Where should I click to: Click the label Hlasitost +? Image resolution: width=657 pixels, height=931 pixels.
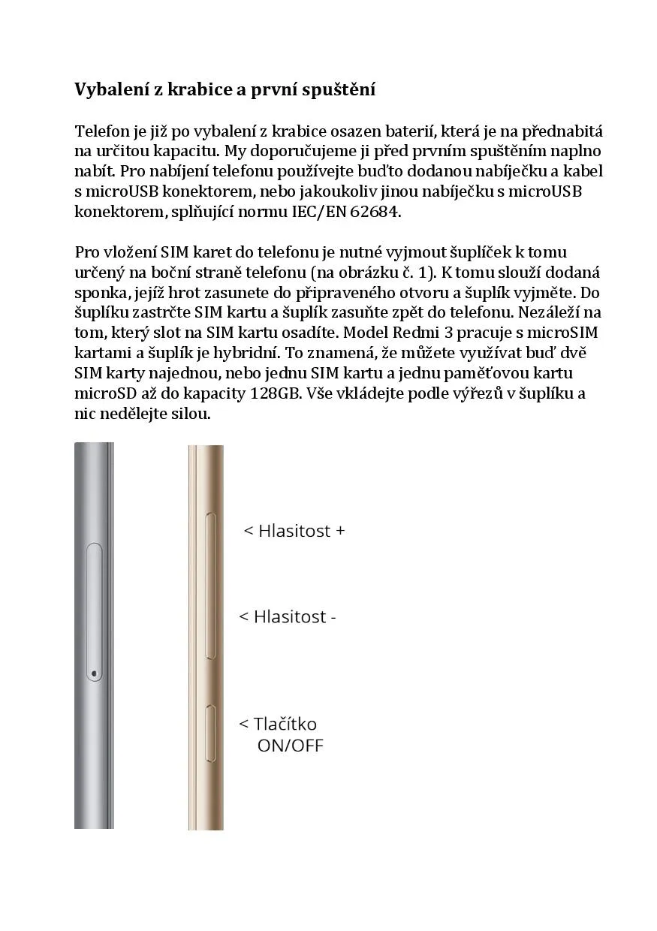point(294,531)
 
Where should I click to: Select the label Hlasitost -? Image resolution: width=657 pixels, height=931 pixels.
point(288,617)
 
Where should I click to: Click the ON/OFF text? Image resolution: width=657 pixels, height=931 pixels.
point(290,746)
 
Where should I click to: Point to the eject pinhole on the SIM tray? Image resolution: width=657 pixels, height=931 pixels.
point(94,673)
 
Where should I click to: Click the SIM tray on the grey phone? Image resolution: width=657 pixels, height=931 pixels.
point(95,612)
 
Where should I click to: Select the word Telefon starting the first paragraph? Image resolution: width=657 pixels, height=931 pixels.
point(103,131)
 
